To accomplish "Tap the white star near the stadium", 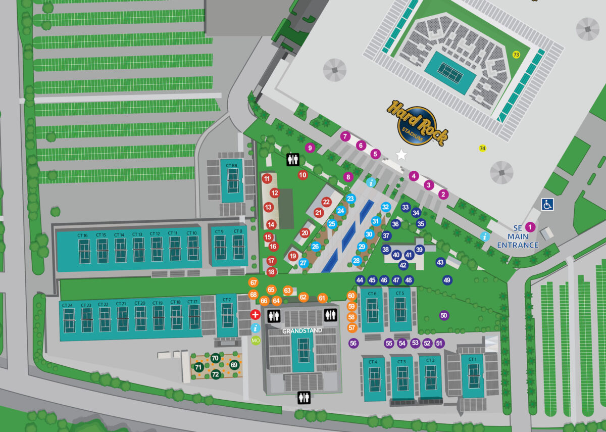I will [401, 155].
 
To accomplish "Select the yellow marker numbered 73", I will [516, 55].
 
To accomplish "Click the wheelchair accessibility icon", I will [547, 204].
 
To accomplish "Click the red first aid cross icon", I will [256, 315].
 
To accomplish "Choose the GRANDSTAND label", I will [302, 331].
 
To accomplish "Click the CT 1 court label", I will [472, 359].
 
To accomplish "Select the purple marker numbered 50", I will [444, 316].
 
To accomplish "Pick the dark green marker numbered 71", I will [198, 367].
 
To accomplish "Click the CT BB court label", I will [232, 165].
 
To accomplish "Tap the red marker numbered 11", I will [267, 178].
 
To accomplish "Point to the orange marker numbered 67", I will [254, 283].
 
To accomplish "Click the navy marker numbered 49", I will [447, 280].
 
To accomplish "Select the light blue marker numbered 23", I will [350, 199].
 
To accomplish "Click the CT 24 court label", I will [68, 305].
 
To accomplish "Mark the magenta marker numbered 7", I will [345, 136].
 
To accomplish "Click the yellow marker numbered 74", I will [482, 148].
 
